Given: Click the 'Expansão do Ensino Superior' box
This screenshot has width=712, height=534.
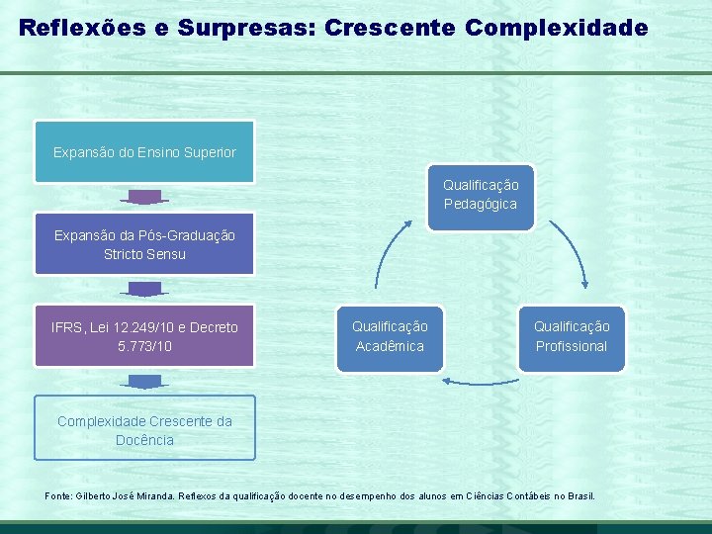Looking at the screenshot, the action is (144, 152).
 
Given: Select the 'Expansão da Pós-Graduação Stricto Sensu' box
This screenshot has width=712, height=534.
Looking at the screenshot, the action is (144, 244).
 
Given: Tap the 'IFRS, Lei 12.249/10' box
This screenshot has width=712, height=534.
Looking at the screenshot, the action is (144, 336).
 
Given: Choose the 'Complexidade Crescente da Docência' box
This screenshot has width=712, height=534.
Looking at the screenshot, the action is (144, 429).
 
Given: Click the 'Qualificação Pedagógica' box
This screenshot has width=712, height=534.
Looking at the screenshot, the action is (481, 195).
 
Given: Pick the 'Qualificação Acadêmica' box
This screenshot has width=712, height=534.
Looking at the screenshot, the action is (390, 336).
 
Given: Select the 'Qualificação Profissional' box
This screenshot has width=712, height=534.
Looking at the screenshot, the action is (572, 336).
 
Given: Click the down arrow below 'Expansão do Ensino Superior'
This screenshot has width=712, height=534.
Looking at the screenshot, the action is (145, 198).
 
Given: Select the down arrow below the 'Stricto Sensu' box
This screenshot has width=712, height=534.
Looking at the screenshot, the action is (145, 290).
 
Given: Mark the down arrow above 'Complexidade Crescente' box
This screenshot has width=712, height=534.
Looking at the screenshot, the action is (145, 382).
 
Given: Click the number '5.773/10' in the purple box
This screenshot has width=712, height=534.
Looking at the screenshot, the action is (144, 346).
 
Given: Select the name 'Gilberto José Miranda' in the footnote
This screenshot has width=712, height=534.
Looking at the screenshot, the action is (123, 494).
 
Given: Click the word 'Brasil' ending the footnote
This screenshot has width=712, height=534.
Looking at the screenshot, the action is (578, 494).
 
